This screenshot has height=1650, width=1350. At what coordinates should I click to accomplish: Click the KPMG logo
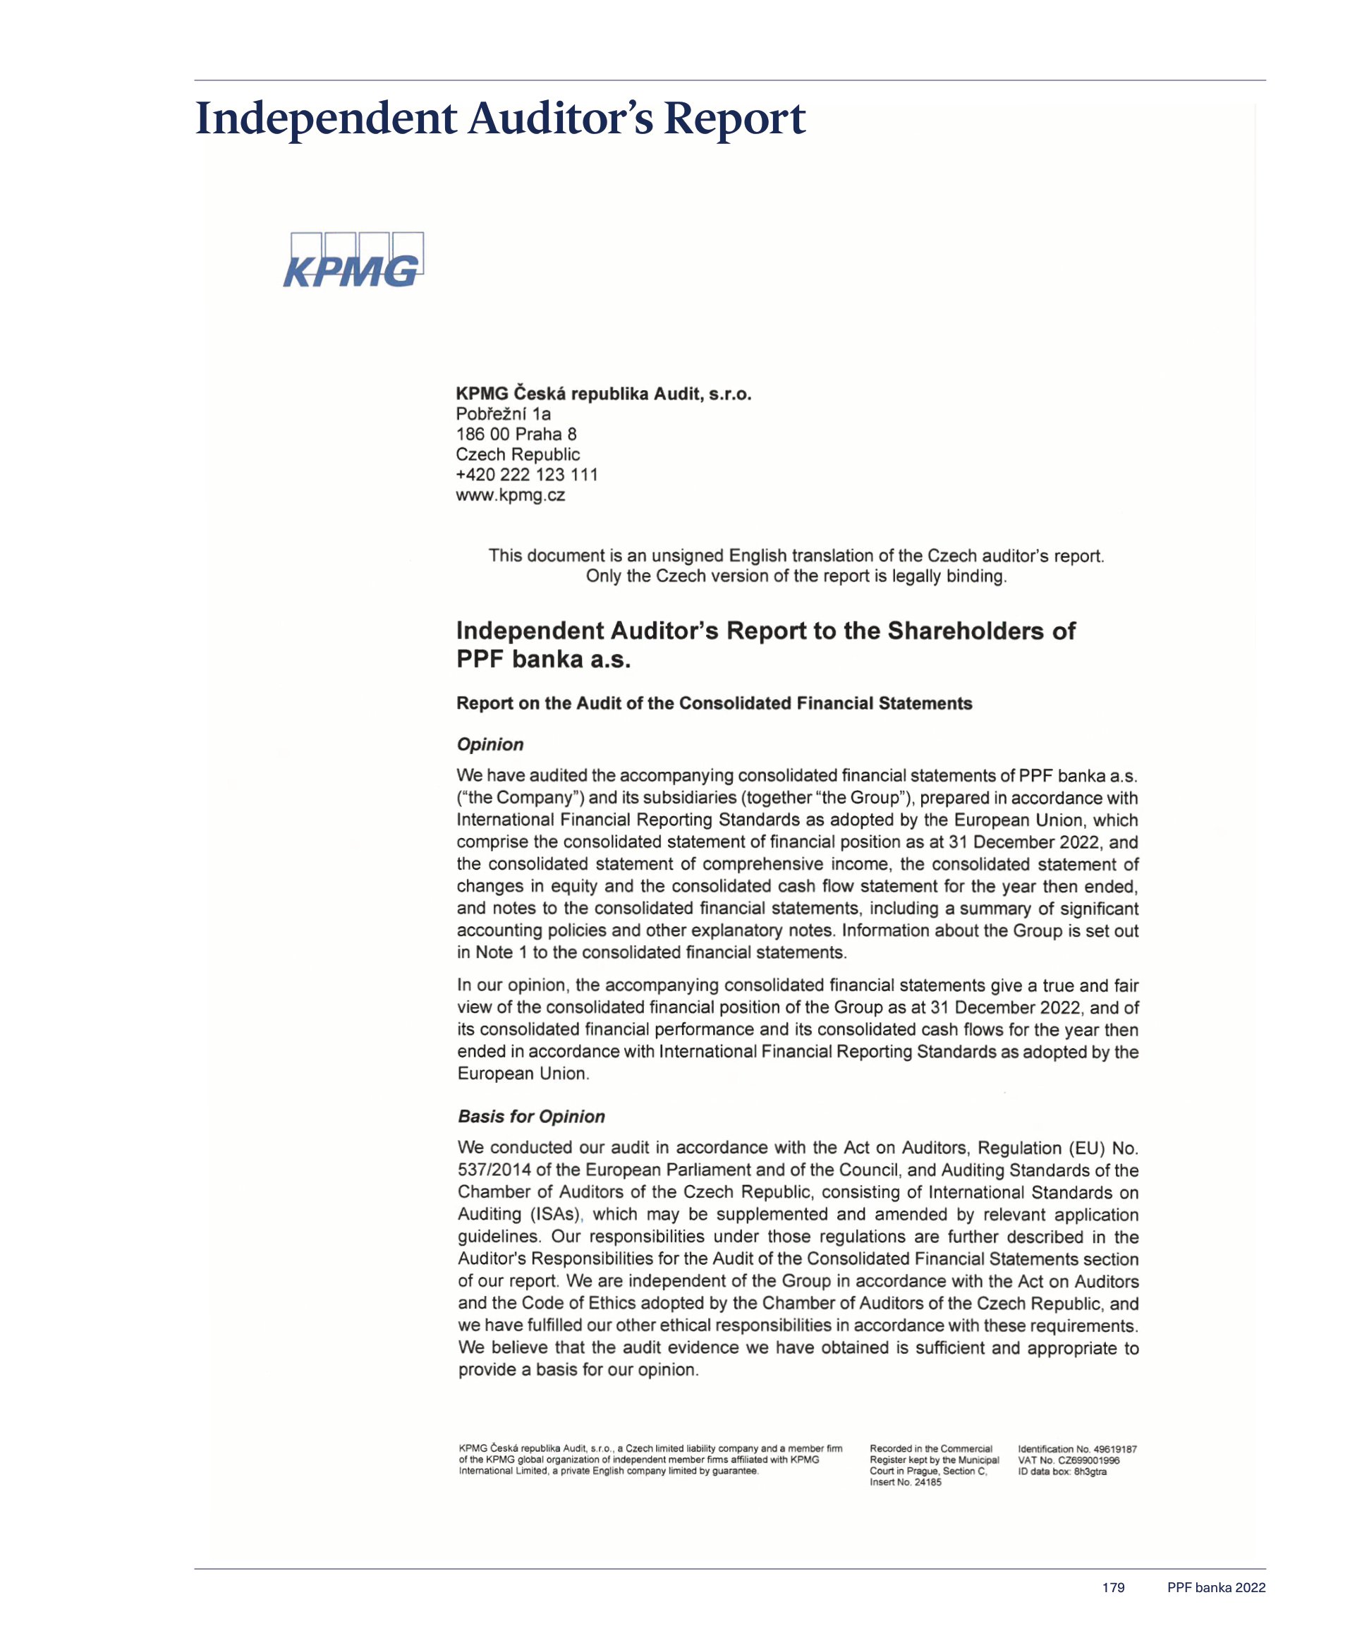[354, 260]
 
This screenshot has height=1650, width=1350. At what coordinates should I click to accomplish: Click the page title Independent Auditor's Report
[500, 119]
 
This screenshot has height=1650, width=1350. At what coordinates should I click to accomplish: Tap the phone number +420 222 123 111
[526, 474]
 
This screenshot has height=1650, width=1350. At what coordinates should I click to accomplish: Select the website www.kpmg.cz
[510, 495]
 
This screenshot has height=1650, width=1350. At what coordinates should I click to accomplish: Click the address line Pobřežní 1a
[502, 413]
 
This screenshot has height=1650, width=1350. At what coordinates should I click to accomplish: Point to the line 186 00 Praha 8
[516, 434]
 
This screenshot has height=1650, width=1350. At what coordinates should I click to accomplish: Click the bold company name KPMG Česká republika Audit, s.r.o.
[604, 394]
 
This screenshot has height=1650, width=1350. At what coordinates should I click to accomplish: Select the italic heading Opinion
[490, 744]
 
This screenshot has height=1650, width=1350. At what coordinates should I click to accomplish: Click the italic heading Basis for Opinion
[531, 1117]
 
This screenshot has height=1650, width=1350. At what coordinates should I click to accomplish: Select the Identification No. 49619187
[1077, 1450]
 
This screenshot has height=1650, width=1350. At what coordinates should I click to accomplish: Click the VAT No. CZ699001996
[1069, 1460]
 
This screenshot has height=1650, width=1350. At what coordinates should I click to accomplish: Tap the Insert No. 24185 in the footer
[905, 1482]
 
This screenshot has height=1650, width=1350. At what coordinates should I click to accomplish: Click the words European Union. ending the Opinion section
[523, 1074]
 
